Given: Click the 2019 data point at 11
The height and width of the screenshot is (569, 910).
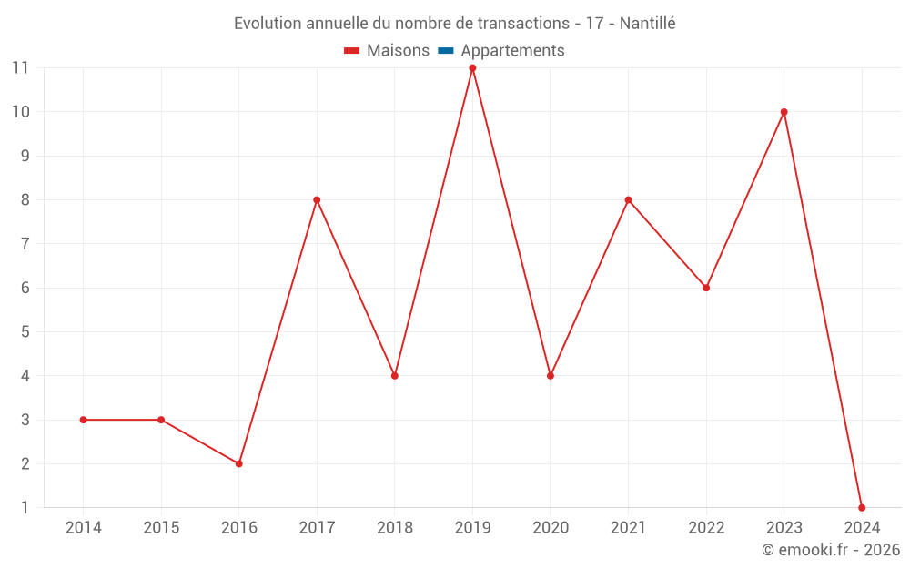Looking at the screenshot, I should click(x=472, y=68).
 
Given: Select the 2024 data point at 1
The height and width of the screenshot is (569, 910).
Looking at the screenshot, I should click(x=862, y=507).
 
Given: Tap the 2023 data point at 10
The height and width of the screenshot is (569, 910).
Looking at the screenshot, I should click(x=784, y=112).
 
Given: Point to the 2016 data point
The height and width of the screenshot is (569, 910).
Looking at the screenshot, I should click(x=238, y=463).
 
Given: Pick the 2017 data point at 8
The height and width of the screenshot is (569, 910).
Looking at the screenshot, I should click(x=317, y=200).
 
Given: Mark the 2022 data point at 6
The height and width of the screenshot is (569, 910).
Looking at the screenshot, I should click(x=706, y=288).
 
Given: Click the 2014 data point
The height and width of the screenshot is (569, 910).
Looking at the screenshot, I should click(x=83, y=420).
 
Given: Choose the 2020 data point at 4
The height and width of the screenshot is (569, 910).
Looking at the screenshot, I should click(x=551, y=376).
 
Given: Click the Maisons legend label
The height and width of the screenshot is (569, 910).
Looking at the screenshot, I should click(x=398, y=51).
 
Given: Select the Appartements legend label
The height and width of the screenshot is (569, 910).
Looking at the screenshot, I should click(x=512, y=51).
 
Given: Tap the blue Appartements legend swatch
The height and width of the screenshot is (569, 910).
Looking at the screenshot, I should click(x=446, y=51).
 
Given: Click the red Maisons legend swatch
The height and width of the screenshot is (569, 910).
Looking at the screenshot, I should click(x=352, y=51).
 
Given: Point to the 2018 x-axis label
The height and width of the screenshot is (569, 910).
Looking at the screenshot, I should click(x=395, y=528).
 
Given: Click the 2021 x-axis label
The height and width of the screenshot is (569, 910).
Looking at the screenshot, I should click(x=628, y=528).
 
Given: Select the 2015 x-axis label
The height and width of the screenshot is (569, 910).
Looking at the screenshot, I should click(x=161, y=528).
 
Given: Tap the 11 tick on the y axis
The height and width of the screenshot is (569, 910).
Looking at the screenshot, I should click(x=20, y=68).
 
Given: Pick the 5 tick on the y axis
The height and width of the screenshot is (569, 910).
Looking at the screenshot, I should click(x=25, y=332).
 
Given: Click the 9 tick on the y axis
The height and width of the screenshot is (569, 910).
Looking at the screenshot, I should click(x=25, y=156).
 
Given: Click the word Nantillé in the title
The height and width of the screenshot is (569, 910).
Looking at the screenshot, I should click(x=647, y=24).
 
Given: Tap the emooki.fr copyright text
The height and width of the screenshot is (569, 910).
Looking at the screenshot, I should click(x=830, y=550).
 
